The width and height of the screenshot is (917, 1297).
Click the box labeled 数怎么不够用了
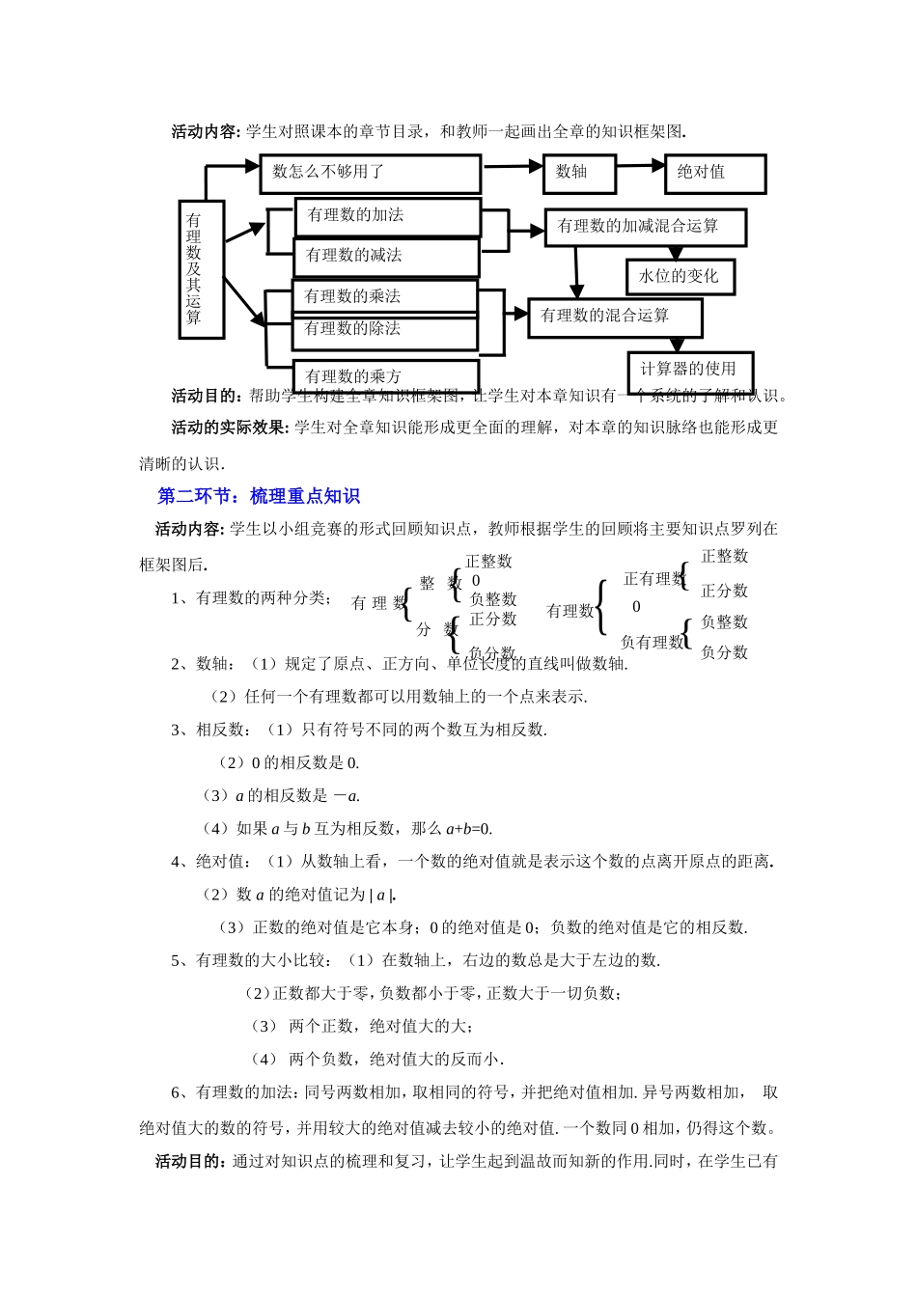370,174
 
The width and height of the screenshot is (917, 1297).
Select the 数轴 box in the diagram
578,174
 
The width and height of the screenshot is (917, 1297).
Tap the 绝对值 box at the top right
714,174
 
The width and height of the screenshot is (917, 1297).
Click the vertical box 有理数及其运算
201,269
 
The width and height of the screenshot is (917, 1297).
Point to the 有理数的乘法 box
384,296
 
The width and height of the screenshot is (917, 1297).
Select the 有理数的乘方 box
384,375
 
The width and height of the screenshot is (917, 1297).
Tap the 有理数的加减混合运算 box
645,227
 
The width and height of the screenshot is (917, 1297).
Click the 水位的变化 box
680,276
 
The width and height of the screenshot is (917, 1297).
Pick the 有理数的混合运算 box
615,317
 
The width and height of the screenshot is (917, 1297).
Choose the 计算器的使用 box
689,370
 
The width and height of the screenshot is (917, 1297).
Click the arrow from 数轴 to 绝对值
640,166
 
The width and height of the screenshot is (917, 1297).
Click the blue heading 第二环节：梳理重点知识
259,496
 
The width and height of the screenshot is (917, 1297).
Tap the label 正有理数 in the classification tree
653,579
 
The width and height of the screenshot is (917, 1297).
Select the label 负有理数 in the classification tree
651,642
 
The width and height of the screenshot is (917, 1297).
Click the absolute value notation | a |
382,895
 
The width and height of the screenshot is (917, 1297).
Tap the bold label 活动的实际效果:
230,428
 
